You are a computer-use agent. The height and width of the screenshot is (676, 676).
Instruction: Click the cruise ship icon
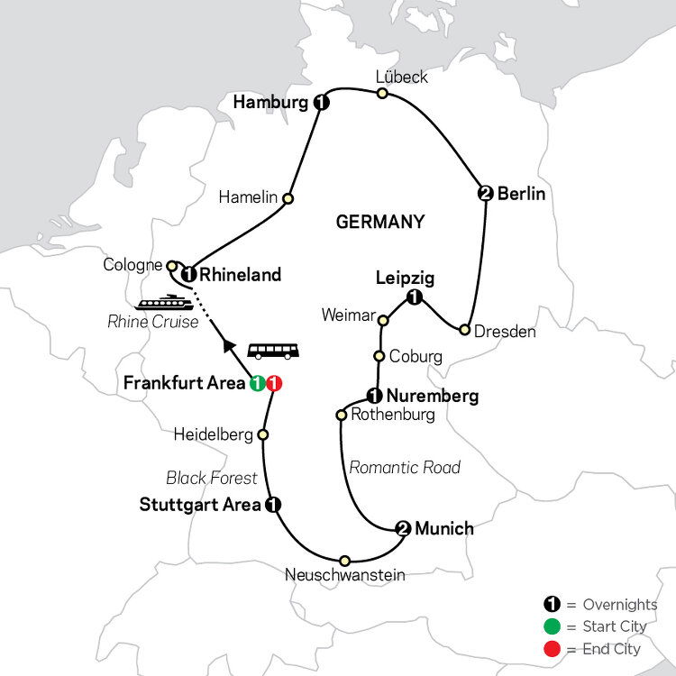(x=165, y=301)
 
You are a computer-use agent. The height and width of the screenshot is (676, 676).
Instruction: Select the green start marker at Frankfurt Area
(x=258, y=383)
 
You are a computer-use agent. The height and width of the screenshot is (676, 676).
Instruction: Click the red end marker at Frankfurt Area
(x=276, y=383)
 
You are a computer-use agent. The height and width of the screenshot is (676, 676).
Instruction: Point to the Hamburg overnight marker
(x=320, y=104)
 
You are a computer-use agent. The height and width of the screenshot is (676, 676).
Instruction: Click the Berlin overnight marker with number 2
(x=486, y=193)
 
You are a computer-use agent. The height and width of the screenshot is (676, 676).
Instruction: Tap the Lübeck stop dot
(x=382, y=93)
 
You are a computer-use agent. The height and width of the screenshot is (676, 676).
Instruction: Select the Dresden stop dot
(x=465, y=330)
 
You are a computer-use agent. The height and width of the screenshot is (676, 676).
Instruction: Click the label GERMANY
(x=379, y=222)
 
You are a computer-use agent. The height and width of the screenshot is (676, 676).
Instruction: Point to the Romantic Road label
(x=405, y=467)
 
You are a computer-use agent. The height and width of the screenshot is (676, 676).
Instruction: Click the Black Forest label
(x=212, y=478)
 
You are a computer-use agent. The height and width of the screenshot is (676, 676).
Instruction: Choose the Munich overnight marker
(x=403, y=529)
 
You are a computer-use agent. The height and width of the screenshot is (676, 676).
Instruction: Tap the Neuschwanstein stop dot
(x=344, y=560)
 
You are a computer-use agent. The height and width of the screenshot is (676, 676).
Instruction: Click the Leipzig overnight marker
(x=414, y=298)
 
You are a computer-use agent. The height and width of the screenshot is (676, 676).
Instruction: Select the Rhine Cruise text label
(x=152, y=322)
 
